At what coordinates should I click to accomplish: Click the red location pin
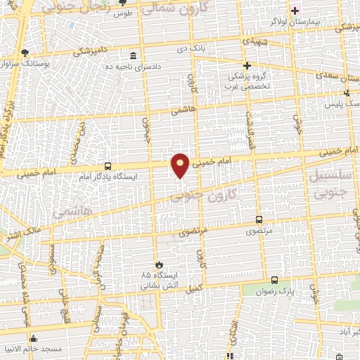(x=181, y=165)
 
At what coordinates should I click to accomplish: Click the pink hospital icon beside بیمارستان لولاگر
(x=295, y=10)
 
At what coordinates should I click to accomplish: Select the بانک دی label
(x=192, y=50)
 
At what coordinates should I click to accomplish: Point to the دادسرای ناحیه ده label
(x=133, y=66)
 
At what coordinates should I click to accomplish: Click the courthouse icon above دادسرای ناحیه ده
(x=133, y=56)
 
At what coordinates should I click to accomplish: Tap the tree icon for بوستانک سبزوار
(x=25, y=53)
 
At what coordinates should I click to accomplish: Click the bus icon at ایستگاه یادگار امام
(x=107, y=166)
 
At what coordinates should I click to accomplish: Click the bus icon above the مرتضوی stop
(x=259, y=219)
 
